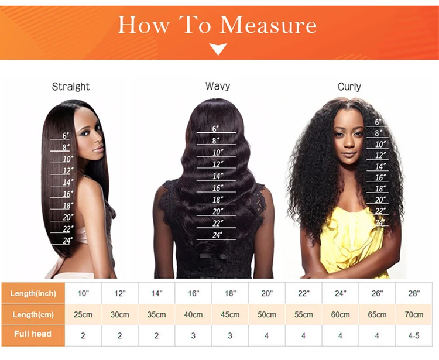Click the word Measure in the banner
[x=268, y=25]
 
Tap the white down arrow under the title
[x=218, y=49]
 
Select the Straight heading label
[x=71, y=87]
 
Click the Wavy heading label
[x=218, y=86]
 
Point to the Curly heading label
[x=349, y=87]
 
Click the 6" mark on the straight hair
[x=66, y=136]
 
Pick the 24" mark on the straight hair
[x=67, y=241]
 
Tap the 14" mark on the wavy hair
[x=218, y=176]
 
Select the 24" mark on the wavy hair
[x=218, y=235]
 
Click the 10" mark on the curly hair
[x=380, y=145]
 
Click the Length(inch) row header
[x=33, y=293]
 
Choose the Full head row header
[x=33, y=334]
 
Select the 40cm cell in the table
[x=193, y=315]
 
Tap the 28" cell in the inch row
[x=414, y=293]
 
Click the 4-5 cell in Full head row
[x=414, y=335]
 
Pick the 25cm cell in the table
[x=83, y=315]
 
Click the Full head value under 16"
[x=193, y=335]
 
